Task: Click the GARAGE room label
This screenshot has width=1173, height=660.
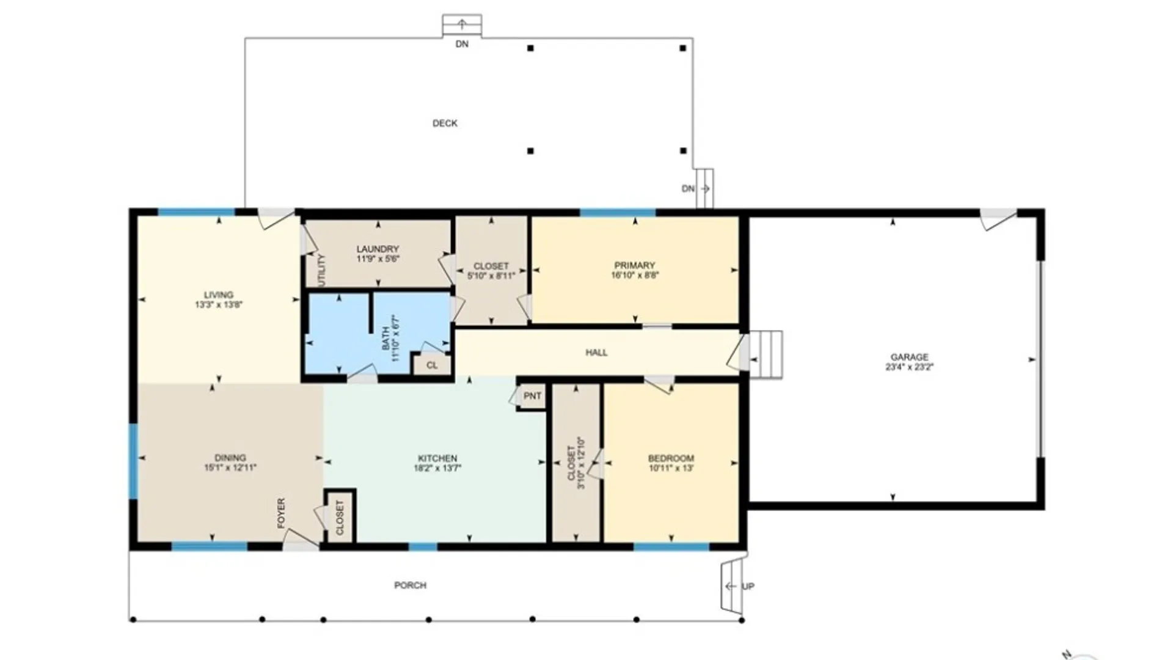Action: pyautogui.click(x=909, y=357)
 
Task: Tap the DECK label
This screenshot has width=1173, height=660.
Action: pyautogui.click(x=445, y=123)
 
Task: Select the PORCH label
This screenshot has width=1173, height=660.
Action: pyautogui.click(x=410, y=585)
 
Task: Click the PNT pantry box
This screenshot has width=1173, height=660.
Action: pyautogui.click(x=532, y=396)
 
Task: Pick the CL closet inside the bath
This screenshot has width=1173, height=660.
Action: pyautogui.click(x=432, y=365)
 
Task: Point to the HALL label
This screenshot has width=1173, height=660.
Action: pyautogui.click(x=596, y=353)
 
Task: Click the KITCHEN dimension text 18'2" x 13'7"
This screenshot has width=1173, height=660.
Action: pyautogui.click(x=437, y=469)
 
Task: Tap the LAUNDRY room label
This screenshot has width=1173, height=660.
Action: pyautogui.click(x=378, y=249)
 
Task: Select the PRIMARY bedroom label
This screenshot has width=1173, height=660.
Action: pyautogui.click(x=634, y=265)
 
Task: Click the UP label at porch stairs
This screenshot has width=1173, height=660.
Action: pyautogui.click(x=748, y=587)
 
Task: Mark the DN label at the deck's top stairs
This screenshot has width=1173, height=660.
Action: pyautogui.click(x=462, y=45)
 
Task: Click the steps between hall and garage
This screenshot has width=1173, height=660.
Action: pyautogui.click(x=766, y=354)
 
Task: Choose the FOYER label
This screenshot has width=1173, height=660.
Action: pyautogui.click(x=281, y=513)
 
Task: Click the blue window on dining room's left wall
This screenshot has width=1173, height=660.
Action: pyautogui.click(x=133, y=461)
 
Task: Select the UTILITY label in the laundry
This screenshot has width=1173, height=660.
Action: pyautogui.click(x=322, y=269)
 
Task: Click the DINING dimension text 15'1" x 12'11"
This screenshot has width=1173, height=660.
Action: pyautogui.click(x=230, y=468)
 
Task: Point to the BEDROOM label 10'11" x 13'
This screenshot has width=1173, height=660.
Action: pyautogui.click(x=671, y=458)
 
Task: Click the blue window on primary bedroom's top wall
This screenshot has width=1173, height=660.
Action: pyautogui.click(x=617, y=213)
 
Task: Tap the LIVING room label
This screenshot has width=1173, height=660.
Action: pyautogui.click(x=219, y=295)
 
